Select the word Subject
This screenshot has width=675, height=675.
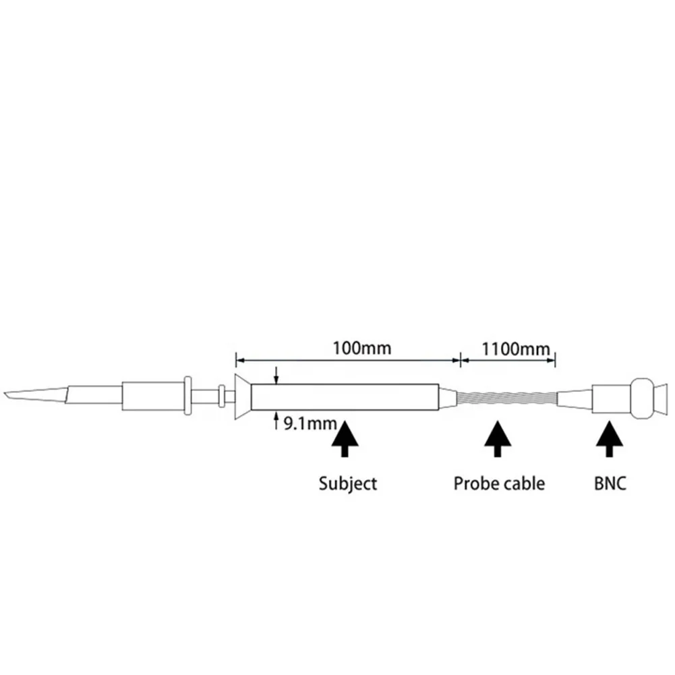347,483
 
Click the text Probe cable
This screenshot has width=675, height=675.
499,483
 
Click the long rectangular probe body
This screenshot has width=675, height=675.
344,397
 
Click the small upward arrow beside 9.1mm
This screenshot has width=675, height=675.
276,423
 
